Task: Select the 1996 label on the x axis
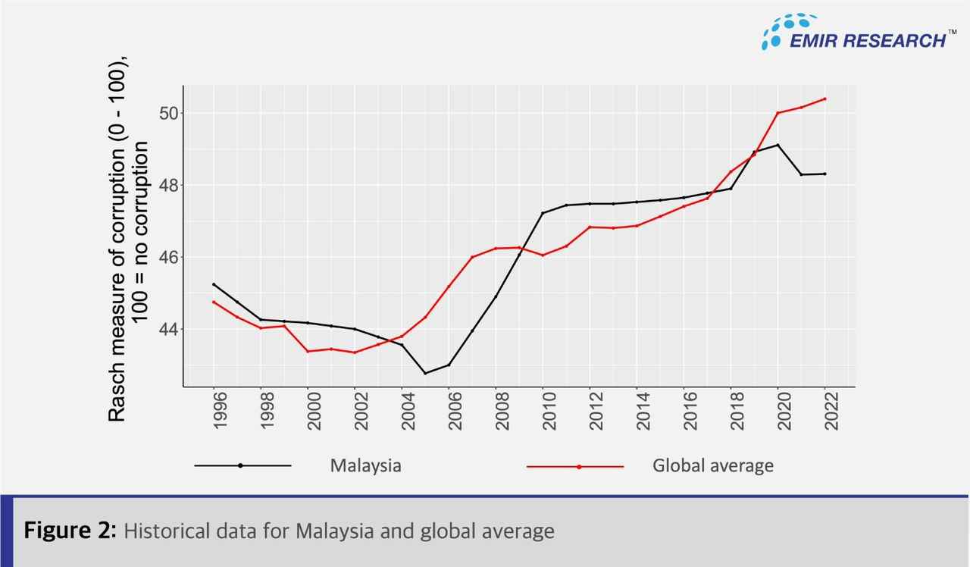tap(214, 412)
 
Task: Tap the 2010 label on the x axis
tap(543, 412)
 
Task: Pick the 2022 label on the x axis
tap(824, 412)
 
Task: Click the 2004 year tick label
tap(402, 412)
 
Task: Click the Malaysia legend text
tap(365, 465)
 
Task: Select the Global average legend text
tap(712, 465)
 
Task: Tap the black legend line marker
tap(241, 465)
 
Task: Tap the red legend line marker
tap(578, 466)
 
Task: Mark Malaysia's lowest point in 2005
tap(425, 373)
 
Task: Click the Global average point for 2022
tap(824, 99)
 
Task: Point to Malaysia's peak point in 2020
tap(778, 145)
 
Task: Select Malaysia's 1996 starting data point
tap(214, 284)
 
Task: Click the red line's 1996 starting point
tap(214, 302)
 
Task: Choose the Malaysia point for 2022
tap(824, 174)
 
